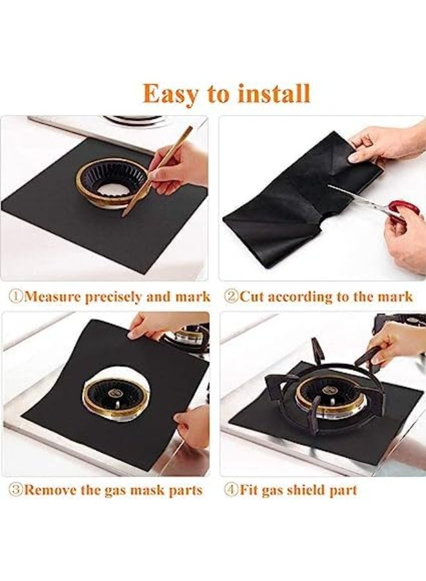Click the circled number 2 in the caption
pos(231,296)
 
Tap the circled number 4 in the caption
pos(231,490)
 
